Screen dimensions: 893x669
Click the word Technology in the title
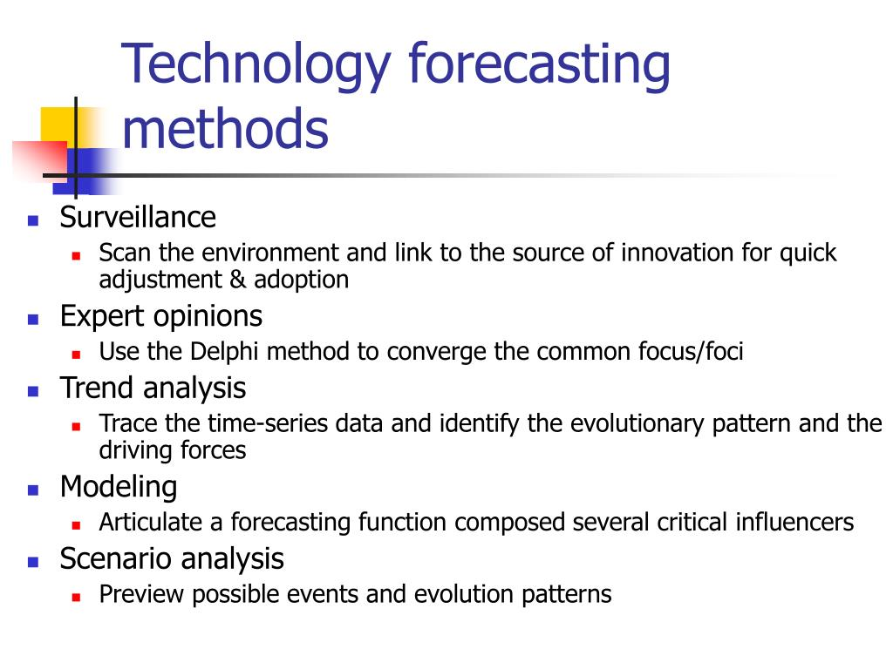[x=256, y=66]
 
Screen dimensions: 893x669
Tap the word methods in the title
[x=226, y=129]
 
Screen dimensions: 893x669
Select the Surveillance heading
[x=138, y=217]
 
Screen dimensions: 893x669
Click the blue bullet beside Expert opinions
[x=33, y=319]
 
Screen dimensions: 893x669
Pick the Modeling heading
[x=119, y=488]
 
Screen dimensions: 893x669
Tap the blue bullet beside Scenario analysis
[x=33, y=562]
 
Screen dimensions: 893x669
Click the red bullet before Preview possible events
[x=77, y=598]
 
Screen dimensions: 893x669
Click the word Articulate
[x=150, y=522]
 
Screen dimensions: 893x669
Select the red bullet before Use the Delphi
[x=77, y=355]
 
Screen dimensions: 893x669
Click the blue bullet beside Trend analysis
[x=33, y=391]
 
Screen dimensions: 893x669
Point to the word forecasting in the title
[x=539, y=66]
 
